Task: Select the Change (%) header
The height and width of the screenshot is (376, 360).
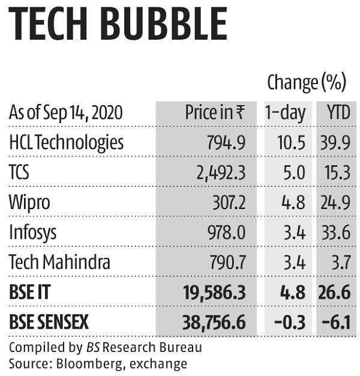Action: pyautogui.click(x=307, y=82)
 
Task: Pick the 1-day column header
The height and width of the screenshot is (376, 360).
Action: pyautogui.click(x=286, y=112)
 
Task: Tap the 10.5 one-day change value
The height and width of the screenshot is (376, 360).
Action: pyautogui.click(x=292, y=143)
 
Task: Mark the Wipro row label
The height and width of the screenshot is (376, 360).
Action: pyautogui.click(x=29, y=202)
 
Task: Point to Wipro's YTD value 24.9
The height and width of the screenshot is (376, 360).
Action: pyautogui.click(x=337, y=202)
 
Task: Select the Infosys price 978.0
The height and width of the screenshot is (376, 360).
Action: pyautogui.click(x=226, y=232)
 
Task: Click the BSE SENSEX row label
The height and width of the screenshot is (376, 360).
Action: pyautogui.click(x=49, y=323)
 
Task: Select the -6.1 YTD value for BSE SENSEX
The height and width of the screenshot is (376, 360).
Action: pyautogui.click(x=337, y=323)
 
